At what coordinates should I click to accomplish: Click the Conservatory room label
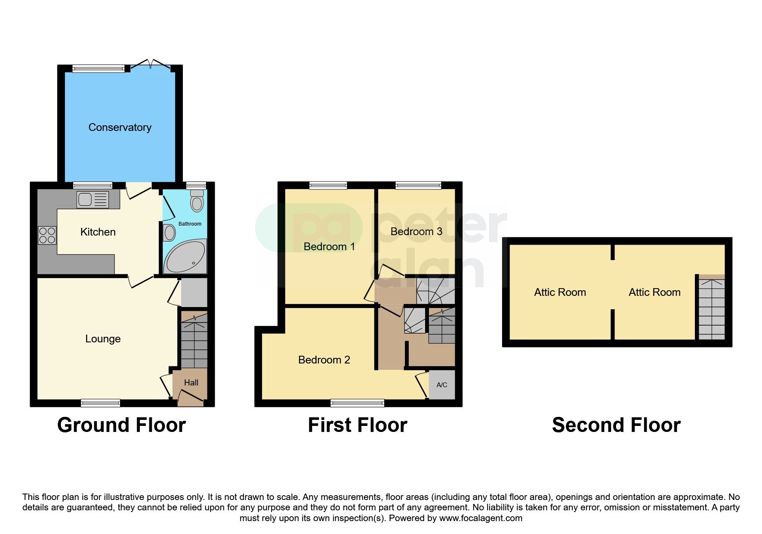tap(120, 127)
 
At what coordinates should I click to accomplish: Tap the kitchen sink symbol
tap(93, 200)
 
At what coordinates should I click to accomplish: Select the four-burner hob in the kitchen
tap(47, 235)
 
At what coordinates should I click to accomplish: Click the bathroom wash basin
tap(170, 233)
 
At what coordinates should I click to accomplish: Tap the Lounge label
tap(103, 339)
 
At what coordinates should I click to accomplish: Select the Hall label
tap(191, 382)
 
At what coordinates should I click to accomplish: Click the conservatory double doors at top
tap(150, 65)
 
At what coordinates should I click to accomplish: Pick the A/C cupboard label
tap(442, 385)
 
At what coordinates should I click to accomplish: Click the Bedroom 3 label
tap(416, 232)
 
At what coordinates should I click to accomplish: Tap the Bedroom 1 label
tap(329, 247)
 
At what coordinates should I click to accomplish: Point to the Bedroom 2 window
tap(357, 403)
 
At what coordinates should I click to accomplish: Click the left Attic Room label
tap(560, 292)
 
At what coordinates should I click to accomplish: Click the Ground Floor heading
tap(121, 425)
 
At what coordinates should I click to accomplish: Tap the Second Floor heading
tap(616, 425)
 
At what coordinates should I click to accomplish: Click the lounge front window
tap(100, 403)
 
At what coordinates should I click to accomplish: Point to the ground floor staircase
tap(194, 342)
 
